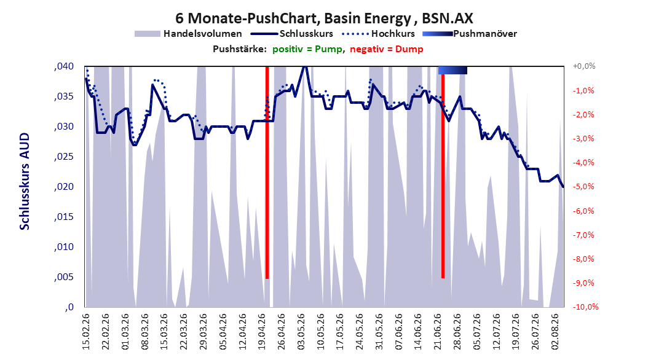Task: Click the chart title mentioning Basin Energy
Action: pyautogui.click(x=324, y=18)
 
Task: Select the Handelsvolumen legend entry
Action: pyautogui.click(x=189, y=34)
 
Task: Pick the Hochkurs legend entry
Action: pyautogui.click(x=378, y=34)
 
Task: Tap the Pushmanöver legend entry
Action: pyautogui.click(x=470, y=34)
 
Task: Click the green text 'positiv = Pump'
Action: pyautogui.click(x=307, y=49)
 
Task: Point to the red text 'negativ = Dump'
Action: pyautogui.click(x=387, y=49)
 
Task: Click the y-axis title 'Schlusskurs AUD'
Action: pyautogui.click(x=25, y=181)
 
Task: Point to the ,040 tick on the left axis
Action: pyautogui.click(x=64, y=66)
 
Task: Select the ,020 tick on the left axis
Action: pyautogui.click(x=64, y=187)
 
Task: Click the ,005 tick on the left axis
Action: pyautogui.click(x=64, y=277)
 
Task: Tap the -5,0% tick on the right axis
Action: pyautogui.click(x=583, y=187)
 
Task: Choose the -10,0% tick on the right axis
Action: pyautogui.click(x=585, y=307)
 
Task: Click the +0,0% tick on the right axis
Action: pyautogui.click(x=584, y=66)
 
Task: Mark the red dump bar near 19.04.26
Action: pyautogui.click(x=267, y=173)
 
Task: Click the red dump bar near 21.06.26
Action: pyautogui.click(x=443, y=173)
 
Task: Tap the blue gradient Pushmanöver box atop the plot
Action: pyautogui.click(x=452, y=70)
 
